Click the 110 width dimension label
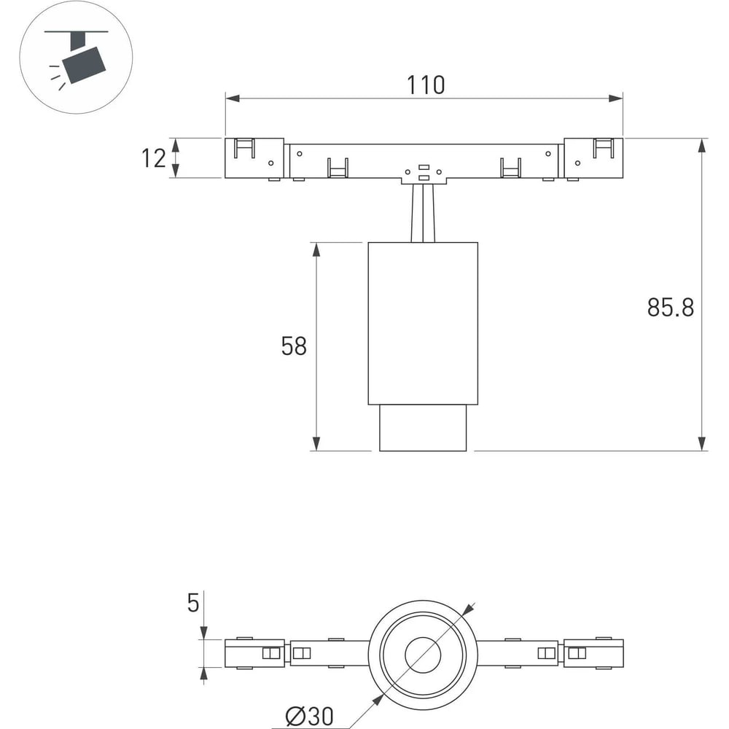426,85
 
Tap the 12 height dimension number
153,158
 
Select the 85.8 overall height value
671,308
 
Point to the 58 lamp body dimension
294,346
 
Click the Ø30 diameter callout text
310,716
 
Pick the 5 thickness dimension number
193,603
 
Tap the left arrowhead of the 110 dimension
233,98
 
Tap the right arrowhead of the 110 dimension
615,98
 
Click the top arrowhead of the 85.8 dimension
702,146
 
